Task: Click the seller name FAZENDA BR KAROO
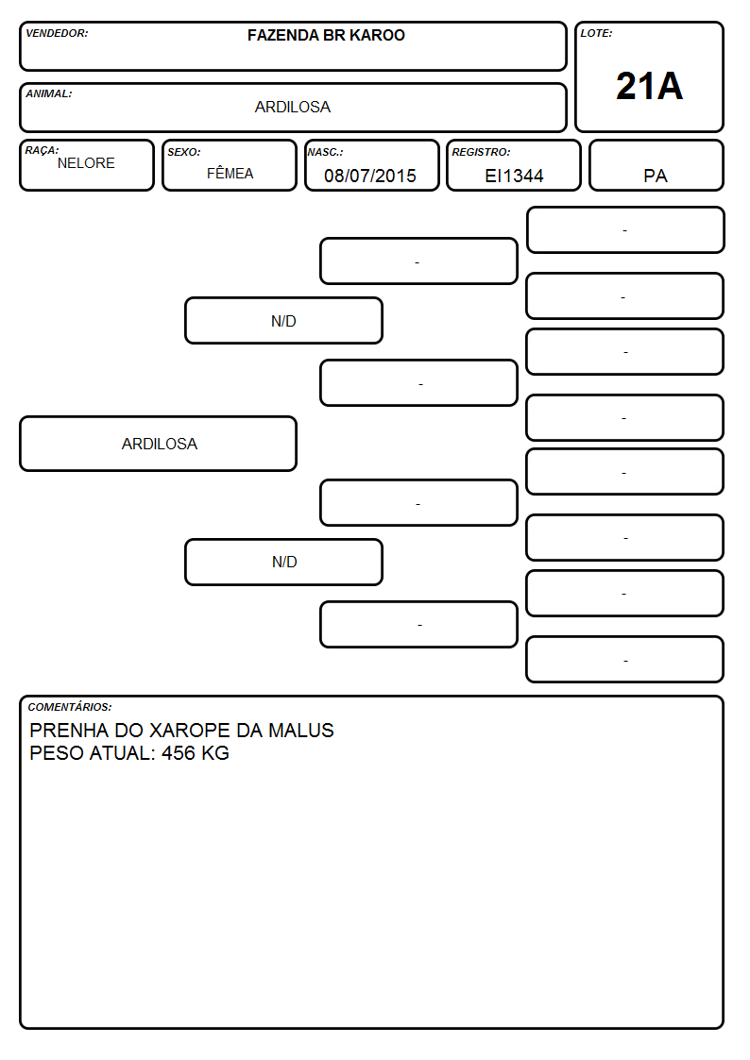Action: pos(326,35)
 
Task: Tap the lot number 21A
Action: pos(649,86)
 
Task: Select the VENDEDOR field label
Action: pos(57,33)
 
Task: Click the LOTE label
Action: pos(596,33)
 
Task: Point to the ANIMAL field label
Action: pos(49,94)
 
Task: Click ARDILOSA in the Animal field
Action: pos(293,107)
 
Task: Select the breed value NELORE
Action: pos(86,163)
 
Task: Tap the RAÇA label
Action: pos(42,151)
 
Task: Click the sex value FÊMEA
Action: pos(230,173)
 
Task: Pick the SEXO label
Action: pos(184,153)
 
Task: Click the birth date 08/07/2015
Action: pos(370,176)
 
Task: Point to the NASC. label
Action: pos(325,153)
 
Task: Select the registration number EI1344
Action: pos(514,176)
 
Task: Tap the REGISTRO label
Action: pos(481,153)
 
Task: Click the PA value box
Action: pos(656,165)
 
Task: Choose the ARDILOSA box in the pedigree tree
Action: pos(159,444)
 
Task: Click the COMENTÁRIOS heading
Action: pos(70,707)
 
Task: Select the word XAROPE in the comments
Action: pos(189,730)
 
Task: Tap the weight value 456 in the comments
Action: pos(178,753)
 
